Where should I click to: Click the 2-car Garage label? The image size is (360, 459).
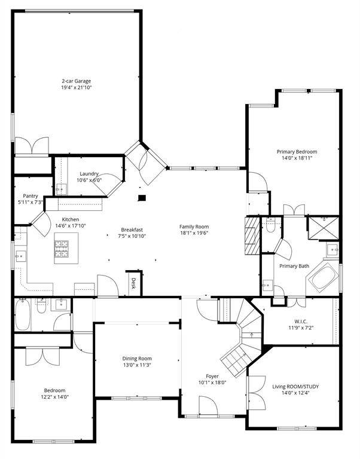pos(76,81)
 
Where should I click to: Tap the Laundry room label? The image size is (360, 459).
pos(89,174)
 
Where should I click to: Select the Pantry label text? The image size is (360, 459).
pos(30,196)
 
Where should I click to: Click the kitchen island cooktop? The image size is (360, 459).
pos(61,249)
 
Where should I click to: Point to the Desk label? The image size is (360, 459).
pos(133,283)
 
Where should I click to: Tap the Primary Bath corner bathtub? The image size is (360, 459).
pos(323,277)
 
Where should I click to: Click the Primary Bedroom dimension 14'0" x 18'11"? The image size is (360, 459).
pos(297,158)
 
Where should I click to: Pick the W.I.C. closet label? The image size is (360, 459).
pos(301,322)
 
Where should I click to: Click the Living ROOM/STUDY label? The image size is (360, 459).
pos(295,387)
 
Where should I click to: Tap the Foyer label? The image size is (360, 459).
pos(212,376)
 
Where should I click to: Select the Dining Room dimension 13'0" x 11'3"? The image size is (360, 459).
pos(137,365)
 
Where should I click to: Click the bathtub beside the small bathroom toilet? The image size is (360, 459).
pos(23,314)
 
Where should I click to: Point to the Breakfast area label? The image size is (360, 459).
pos(132,229)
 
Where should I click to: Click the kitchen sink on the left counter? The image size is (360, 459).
pos(20,256)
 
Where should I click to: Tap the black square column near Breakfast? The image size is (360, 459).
pos(142,198)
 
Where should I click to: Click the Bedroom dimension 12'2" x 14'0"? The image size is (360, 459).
pos(54,397)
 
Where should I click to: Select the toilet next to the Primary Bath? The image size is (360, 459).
pos(271,226)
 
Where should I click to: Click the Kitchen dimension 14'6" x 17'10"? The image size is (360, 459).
pos(71,226)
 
